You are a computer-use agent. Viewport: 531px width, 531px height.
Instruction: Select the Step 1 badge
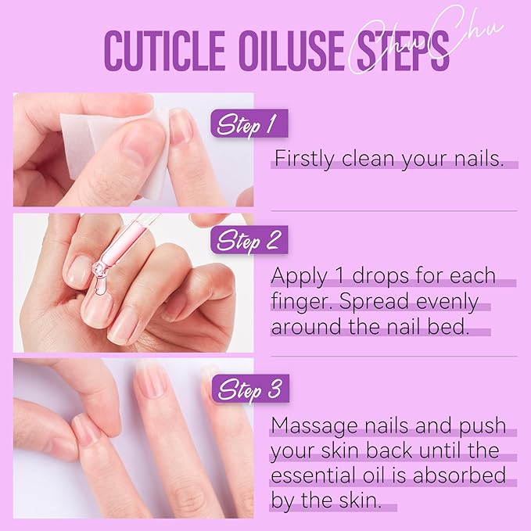tap(249, 124)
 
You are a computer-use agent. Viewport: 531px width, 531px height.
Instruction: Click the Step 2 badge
tap(249, 240)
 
